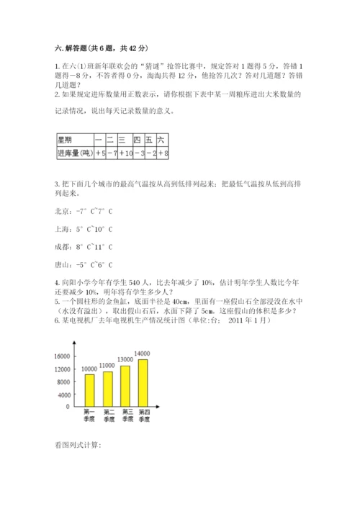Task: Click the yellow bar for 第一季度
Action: point(89,389)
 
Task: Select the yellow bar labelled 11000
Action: point(108,387)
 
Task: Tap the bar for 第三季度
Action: point(126,384)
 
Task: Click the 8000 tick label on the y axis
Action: point(62,382)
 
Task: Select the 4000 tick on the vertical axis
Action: point(62,394)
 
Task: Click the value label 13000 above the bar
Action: point(125,359)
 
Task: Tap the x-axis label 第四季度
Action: point(144,415)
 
